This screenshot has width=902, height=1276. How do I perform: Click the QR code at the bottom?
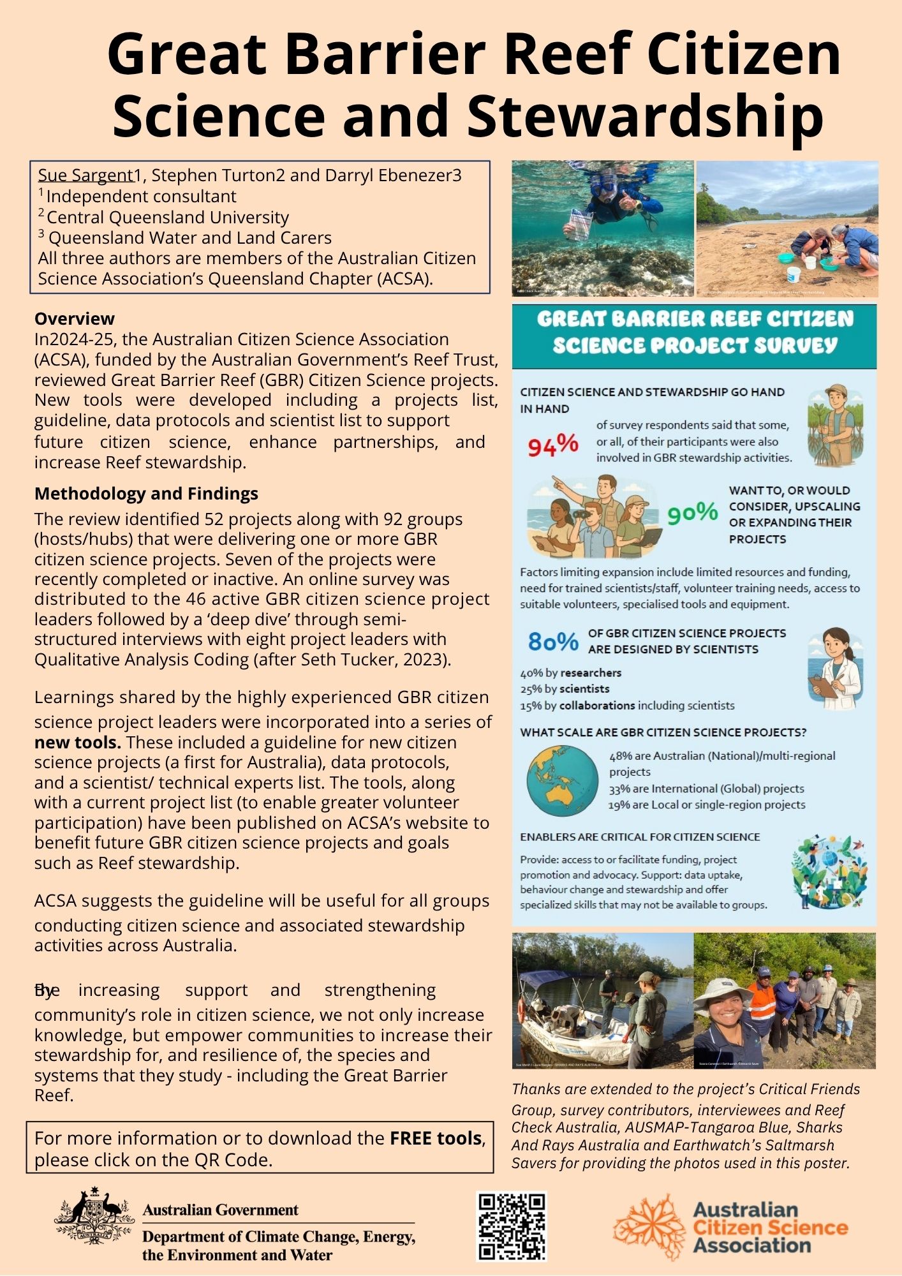[512, 1226]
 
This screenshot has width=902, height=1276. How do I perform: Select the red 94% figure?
[553, 444]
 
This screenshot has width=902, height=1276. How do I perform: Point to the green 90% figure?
[693, 512]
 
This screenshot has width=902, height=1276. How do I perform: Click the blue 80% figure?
[553, 641]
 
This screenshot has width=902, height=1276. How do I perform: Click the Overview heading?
[75, 318]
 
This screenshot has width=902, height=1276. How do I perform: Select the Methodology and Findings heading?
[146, 493]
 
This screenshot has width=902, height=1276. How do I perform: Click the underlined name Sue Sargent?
[85, 175]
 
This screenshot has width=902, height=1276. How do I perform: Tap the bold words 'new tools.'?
[77, 742]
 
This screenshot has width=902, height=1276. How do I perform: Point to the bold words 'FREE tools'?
[436, 1138]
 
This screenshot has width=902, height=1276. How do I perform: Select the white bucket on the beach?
[794, 274]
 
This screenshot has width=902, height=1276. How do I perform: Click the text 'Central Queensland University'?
[168, 217]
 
